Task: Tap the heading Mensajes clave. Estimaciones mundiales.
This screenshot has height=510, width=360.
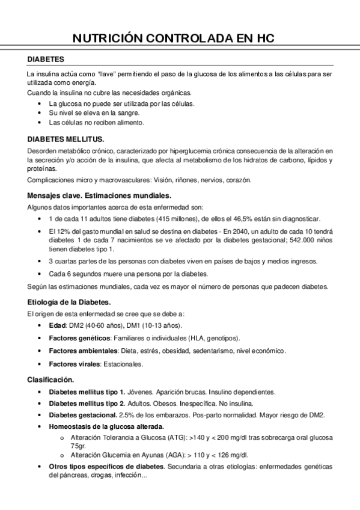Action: [100, 195]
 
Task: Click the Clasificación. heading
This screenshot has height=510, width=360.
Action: [51, 379]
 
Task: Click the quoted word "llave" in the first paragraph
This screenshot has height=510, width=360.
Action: [107, 73]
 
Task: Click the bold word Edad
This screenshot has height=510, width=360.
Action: [57, 325]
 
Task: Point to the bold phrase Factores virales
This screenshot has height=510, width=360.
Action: [70, 364]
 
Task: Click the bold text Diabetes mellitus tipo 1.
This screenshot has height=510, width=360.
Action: [87, 392]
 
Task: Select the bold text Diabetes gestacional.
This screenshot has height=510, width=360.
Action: [83, 415]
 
